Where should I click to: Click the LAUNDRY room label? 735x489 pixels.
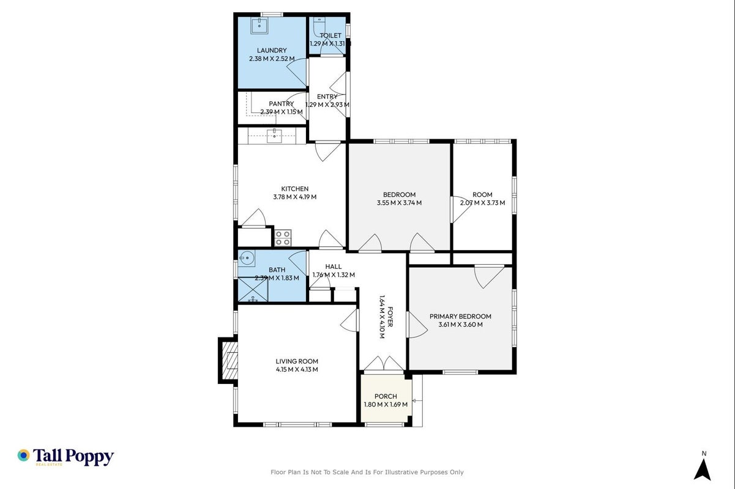[x=272, y=51]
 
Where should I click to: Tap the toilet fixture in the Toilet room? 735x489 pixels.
[x=319, y=25]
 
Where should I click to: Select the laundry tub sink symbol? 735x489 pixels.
[x=259, y=26]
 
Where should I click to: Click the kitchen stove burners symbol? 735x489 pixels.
[x=283, y=238]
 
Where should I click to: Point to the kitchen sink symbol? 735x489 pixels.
[x=274, y=136]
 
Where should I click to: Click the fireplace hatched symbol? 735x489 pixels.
[x=229, y=360]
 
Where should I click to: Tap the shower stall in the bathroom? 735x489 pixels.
[x=253, y=289]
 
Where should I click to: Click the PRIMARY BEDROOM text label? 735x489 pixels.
[x=460, y=316]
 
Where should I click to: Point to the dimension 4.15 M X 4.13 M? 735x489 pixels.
[x=297, y=369]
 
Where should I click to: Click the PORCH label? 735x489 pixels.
[x=386, y=396]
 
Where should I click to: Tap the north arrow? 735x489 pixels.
[x=702, y=469]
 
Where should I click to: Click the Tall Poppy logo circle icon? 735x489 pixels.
[x=24, y=455]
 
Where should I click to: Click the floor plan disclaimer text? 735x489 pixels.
[x=367, y=472]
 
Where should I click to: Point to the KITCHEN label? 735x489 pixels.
[x=294, y=189]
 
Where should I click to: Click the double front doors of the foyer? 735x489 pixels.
[x=384, y=363]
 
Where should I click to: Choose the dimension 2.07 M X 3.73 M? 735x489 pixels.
[x=482, y=202]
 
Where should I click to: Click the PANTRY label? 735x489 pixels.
[x=281, y=103]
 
